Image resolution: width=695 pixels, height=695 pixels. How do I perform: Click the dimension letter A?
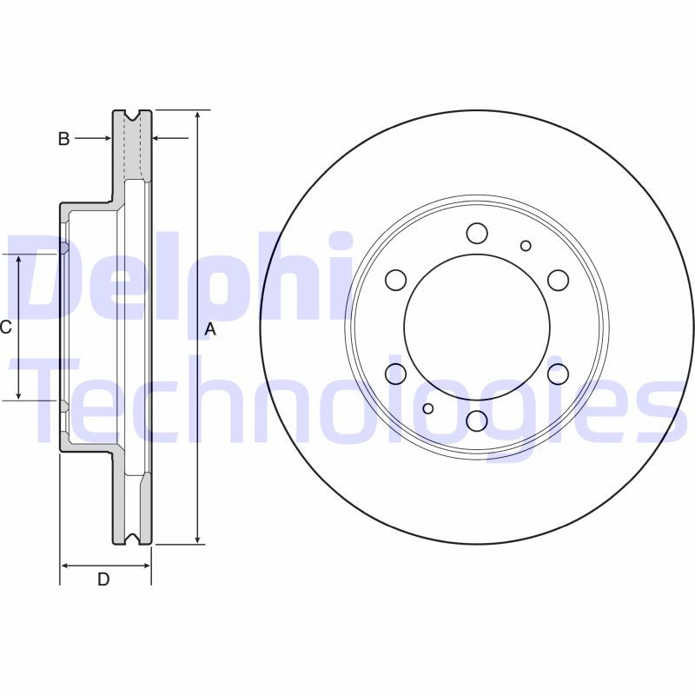tap(209, 329)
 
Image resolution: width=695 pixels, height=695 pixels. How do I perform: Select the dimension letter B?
tap(63, 138)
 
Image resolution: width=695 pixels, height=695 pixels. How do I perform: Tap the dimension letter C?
tap(5, 328)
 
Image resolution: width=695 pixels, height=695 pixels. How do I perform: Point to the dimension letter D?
tap(103, 579)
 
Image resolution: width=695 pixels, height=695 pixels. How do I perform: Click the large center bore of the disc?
tap(477, 328)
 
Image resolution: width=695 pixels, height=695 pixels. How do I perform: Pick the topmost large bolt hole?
tap(477, 233)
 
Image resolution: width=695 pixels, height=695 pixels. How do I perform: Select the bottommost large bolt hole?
tap(477, 420)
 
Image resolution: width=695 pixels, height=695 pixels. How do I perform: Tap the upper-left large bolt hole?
tap(396, 280)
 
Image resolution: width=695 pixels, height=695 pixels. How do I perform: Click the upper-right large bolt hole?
tap(558, 280)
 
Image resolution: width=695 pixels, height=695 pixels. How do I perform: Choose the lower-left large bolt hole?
tap(396, 374)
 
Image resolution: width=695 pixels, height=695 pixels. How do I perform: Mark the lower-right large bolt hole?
tap(558, 374)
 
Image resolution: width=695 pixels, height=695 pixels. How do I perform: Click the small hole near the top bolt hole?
tap(526, 246)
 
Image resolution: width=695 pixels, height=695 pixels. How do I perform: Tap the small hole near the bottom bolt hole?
tap(427, 408)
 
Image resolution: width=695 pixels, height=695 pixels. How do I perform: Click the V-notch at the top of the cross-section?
tap(132, 115)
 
